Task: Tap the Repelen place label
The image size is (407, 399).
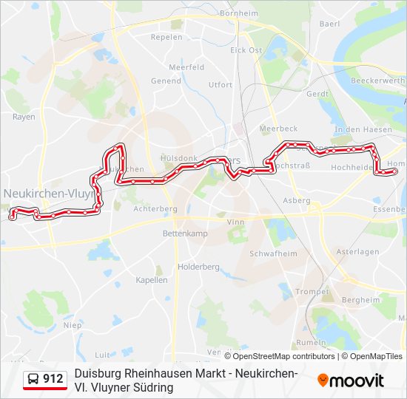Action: [166, 37]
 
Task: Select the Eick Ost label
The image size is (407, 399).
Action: [246, 50]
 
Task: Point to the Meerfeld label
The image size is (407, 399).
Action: [186, 66]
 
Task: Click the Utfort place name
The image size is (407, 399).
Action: [221, 85]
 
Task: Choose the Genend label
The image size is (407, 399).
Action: [166, 81]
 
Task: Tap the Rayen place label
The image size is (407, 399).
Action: [24, 117]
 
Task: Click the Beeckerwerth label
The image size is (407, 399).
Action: [377, 81]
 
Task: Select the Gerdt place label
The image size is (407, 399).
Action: [317, 95]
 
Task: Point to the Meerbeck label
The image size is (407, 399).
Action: [278, 129]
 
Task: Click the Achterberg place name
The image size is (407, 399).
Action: [155, 209]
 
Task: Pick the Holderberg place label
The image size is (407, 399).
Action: [198, 267]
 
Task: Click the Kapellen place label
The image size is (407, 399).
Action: [152, 280]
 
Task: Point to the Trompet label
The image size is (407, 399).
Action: [312, 292]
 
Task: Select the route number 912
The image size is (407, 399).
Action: [53, 379]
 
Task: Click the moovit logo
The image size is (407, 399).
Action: [351, 381]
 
